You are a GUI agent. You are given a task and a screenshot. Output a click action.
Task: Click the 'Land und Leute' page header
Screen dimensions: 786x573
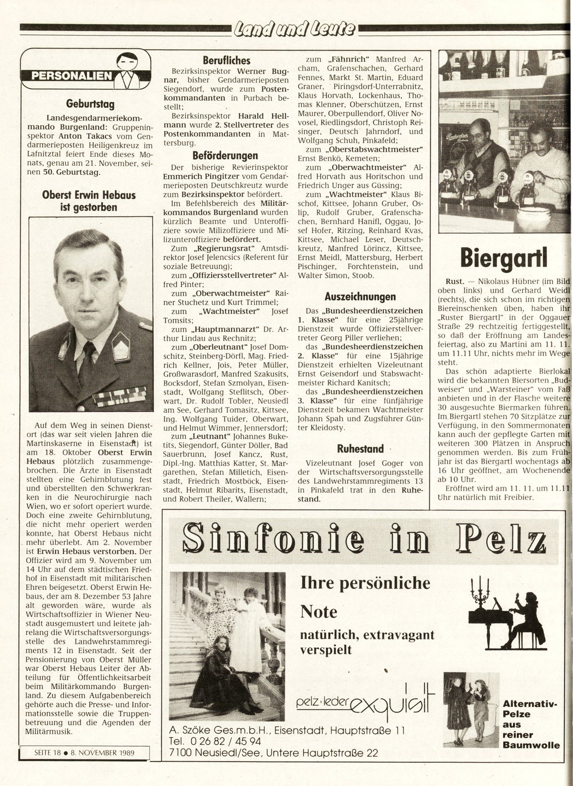295,29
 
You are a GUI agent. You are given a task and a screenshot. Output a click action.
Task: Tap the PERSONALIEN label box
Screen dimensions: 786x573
72,76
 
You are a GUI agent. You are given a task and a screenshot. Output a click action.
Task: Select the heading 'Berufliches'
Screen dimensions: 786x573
227,60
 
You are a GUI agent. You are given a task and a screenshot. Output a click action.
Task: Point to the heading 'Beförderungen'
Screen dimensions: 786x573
225,155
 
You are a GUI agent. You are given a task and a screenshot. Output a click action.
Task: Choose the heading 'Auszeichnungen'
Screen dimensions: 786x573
360,296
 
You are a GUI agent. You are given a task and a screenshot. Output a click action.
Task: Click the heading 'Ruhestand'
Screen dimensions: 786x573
360,448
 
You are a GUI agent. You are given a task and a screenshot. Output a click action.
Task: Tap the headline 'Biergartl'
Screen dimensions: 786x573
504,259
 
